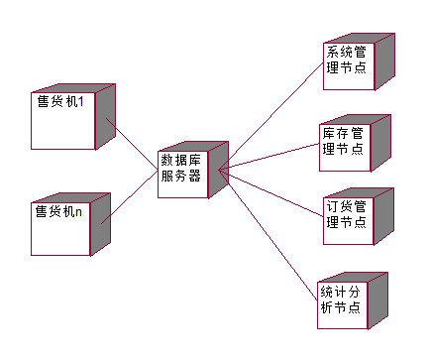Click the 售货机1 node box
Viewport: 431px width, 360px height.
pyautogui.click(x=62, y=124)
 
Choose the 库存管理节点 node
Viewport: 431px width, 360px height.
pyautogui.click(x=343, y=145)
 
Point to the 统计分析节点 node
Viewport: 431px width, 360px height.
pyautogui.click(x=343, y=302)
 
